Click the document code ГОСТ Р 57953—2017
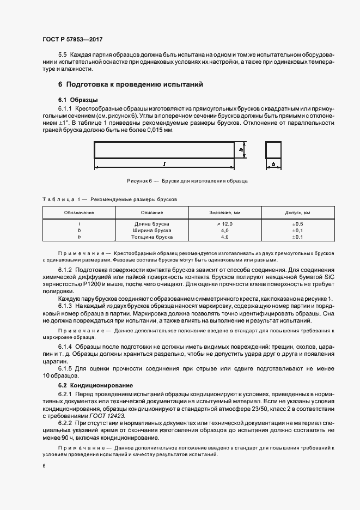[x=72, y=40]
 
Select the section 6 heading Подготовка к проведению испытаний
[x=130, y=84]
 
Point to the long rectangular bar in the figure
[x=163, y=149]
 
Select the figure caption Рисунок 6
[x=187, y=180]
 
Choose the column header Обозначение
[x=79, y=212]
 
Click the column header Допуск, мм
[x=297, y=212]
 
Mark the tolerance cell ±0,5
[x=297, y=224]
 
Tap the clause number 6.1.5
[x=65, y=369]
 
